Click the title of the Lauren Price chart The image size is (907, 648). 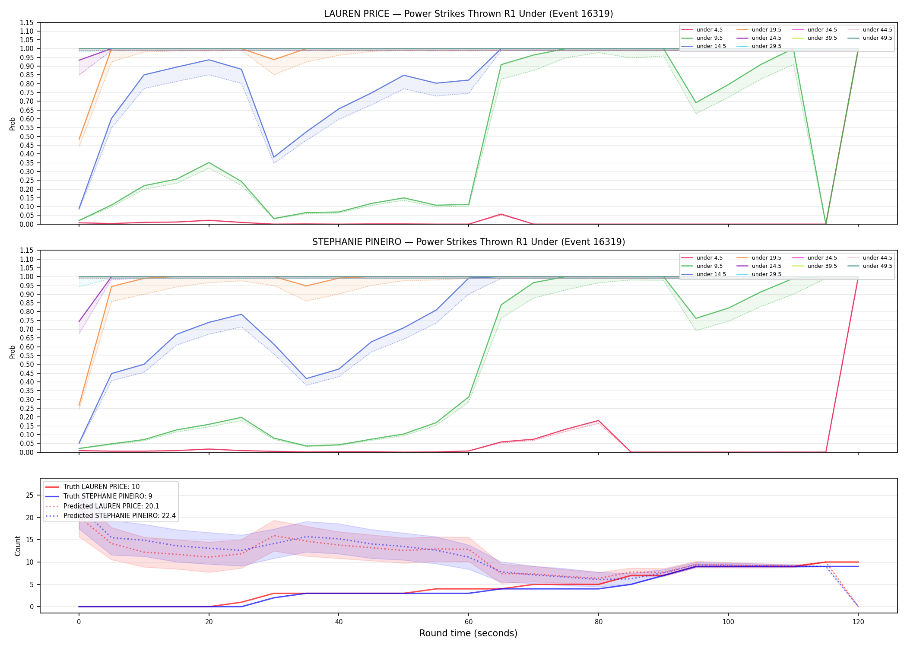(x=469, y=14)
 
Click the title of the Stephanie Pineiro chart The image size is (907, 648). (x=469, y=242)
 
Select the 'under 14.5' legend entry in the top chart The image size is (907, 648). (x=704, y=46)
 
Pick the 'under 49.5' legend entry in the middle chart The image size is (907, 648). (x=870, y=266)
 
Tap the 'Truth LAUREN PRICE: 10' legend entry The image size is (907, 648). (x=92, y=487)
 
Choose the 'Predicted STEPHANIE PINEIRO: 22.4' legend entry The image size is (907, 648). (x=111, y=516)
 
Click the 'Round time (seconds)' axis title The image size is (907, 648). (x=468, y=633)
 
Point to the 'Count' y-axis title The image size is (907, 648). (x=18, y=546)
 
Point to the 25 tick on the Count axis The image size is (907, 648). (x=30, y=495)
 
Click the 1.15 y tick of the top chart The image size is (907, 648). (x=26, y=22)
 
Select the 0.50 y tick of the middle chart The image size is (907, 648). (x=26, y=365)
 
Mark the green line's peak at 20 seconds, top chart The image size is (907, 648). (x=209, y=163)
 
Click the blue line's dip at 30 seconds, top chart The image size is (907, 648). (x=274, y=157)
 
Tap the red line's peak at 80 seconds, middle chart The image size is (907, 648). (x=598, y=421)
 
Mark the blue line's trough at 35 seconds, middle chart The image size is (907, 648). (x=306, y=379)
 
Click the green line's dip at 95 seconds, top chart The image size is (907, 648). (x=696, y=103)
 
